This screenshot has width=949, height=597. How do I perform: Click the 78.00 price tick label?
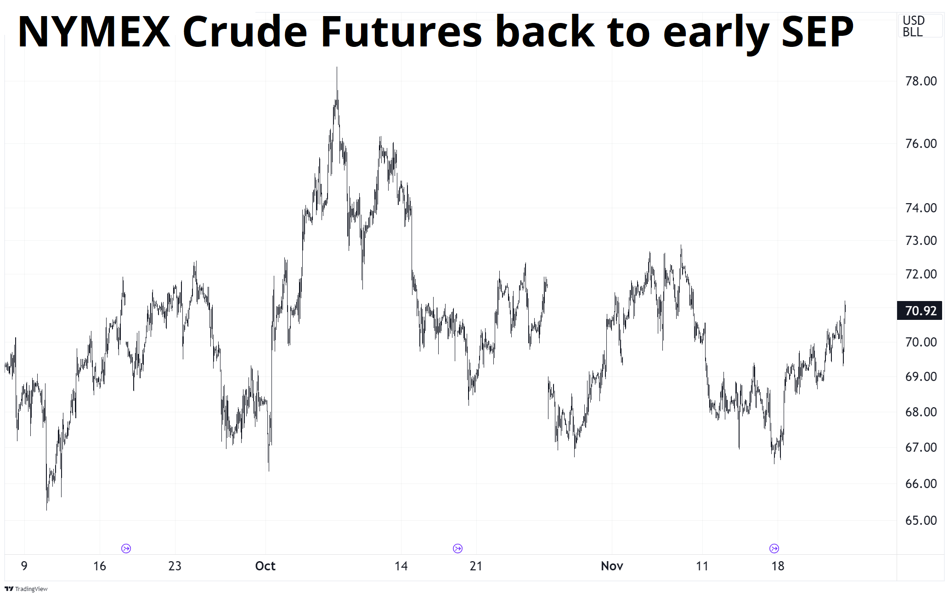pyautogui.click(x=921, y=81)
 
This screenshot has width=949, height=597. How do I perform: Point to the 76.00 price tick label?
pyautogui.click(x=921, y=144)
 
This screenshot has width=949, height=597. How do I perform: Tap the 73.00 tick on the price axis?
pyautogui.click(x=921, y=241)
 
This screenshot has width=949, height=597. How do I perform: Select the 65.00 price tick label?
pyautogui.click(x=921, y=521)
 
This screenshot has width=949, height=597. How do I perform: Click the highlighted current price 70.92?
pyautogui.click(x=920, y=311)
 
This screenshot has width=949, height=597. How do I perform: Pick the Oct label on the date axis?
pyautogui.click(x=265, y=566)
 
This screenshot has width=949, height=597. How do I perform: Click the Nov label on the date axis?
pyautogui.click(x=612, y=566)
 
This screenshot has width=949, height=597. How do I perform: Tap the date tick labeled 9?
pyautogui.click(x=24, y=566)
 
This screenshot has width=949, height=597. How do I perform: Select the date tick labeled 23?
pyautogui.click(x=175, y=566)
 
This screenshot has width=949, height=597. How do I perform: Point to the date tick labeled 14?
pyautogui.click(x=401, y=566)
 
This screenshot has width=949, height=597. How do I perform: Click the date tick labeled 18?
pyautogui.click(x=778, y=566)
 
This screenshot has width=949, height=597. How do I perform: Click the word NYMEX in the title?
pyautogui.click(x=94, y=32)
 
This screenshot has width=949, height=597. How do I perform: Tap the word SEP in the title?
pyautogui.click(x=818, y=32)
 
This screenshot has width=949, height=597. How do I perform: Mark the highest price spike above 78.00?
pyautogui.click(x=337, y=68)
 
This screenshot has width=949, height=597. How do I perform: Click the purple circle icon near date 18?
pyautogui.click(x=774, y=548)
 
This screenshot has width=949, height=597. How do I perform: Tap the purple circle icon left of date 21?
pyautogui.click(x=458, y=548)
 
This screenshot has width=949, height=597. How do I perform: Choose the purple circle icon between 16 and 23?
pyautogui.click(x=126, y=548)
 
